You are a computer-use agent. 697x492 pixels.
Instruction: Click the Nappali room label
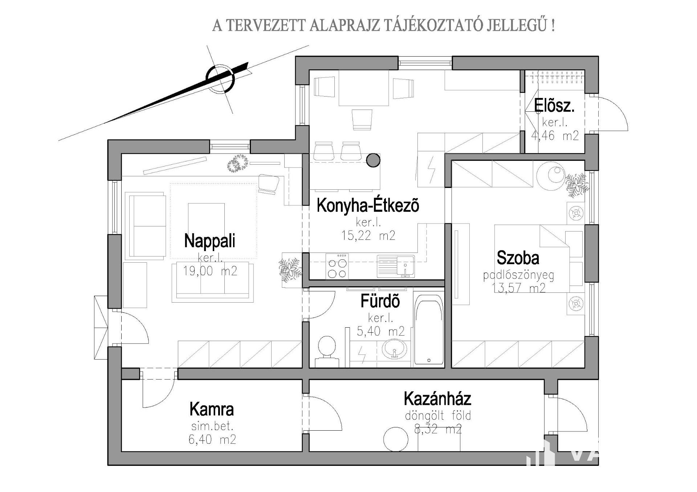click(209, 241)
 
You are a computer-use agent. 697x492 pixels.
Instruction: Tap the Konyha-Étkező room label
click(368, 205)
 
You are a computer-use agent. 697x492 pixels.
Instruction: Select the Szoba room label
click(518, 258)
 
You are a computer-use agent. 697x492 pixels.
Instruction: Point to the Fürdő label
click(380, 301)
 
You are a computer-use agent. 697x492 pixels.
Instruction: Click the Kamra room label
click(212, 409)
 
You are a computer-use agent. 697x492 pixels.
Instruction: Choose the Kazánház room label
click(437, 399)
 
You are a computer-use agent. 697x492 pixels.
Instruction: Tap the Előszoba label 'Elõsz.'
click(554, 106)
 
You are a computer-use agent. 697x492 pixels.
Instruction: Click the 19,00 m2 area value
click(210, 271)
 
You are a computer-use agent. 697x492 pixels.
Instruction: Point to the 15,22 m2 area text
click(368, 236)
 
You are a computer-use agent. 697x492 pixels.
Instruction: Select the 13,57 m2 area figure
click(518, 288)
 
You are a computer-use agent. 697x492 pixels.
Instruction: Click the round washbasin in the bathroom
click(394, 350)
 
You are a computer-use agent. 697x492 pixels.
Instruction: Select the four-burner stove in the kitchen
click(337, 266)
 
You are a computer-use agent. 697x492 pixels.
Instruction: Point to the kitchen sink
click(396, 266)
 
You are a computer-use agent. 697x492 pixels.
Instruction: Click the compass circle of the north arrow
click(220, 79)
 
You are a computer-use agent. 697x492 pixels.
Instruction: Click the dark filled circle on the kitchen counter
click(373, 160)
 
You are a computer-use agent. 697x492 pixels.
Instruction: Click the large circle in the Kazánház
click(396, 439)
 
